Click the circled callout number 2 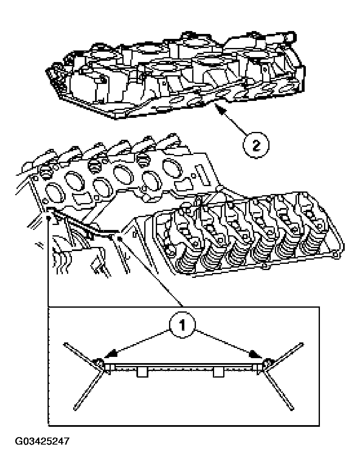click(x=256, y=145)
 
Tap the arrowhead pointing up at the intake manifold click(x=220, y=109)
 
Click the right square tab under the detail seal click(x=218, y=372)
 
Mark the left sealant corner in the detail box click(x=100, y=364)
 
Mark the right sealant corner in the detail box click(x=267, y=364)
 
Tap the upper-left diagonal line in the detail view click(x=81, y=352)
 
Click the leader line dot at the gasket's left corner click(x=49, y=217)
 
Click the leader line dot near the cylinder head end click(x=119, y=238)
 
